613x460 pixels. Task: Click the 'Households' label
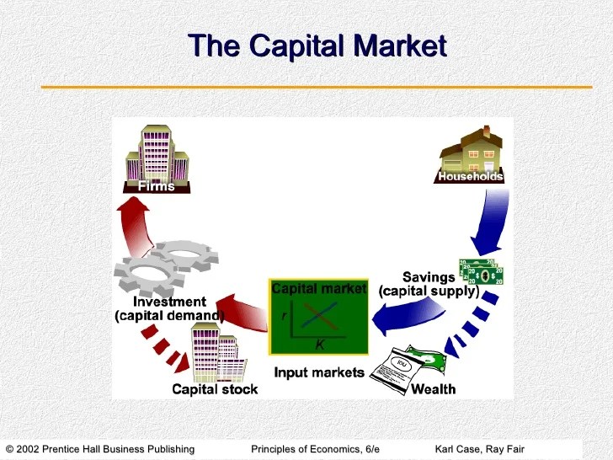coord(471,177)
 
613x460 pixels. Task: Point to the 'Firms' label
coord(157,186)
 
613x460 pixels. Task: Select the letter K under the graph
coord(320,345)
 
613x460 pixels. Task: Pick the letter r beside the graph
coord(284,314)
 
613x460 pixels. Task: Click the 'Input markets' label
coord(319,372)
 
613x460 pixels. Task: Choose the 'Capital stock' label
coord(215,389)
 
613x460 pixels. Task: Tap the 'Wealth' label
coord(434,389)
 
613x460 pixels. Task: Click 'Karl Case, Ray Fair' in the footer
coord(479,449)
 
